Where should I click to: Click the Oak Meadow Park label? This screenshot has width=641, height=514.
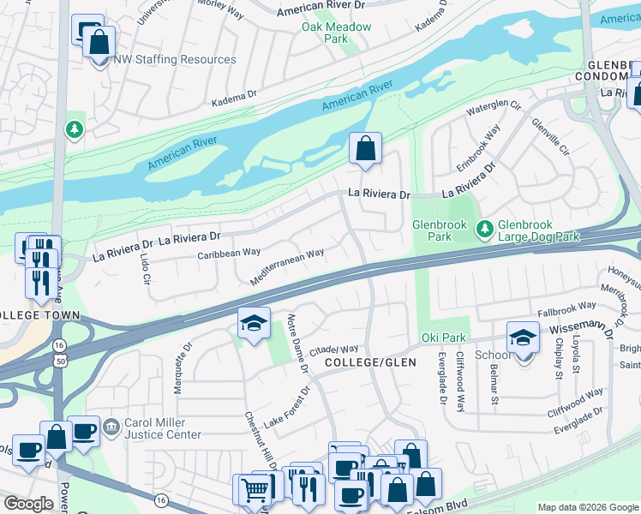(x=336, y=33)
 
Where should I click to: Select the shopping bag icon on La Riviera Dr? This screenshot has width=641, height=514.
(x=365, y=149)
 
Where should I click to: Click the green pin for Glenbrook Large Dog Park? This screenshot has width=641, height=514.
(x=484, y=228)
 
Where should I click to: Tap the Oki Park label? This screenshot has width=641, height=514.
(x=442, y=338)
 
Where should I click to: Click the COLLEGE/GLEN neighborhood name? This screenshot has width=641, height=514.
(x=370, y=363)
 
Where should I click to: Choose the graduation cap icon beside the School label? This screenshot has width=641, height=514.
(x=523, y=338)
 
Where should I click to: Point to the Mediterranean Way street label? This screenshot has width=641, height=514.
(x=286, y=266)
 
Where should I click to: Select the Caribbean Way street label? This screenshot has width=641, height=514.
(x=229, y=253)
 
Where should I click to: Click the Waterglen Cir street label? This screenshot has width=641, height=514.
(x=494, y=109)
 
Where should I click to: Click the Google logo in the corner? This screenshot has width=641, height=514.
(x=28, y=504)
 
